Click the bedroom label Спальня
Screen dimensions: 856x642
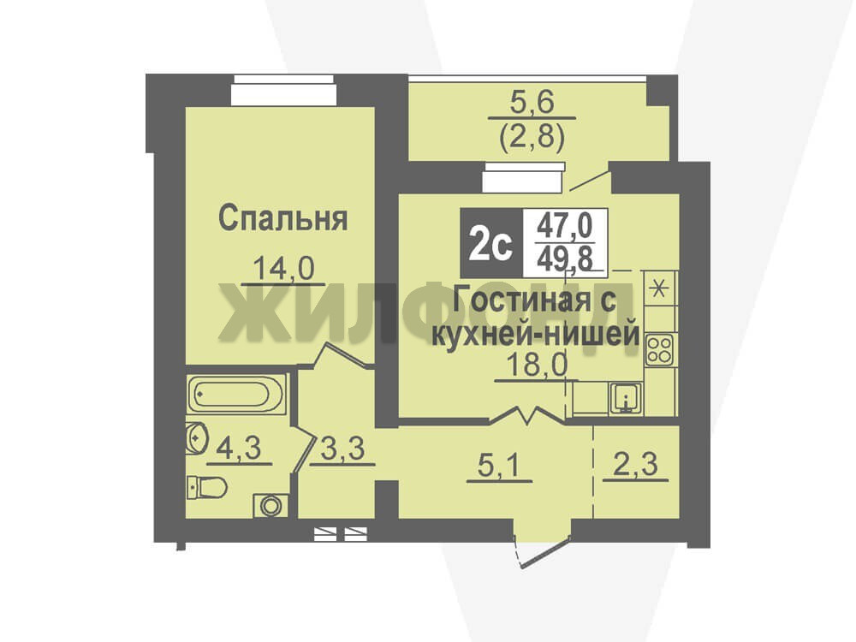pyautogui.click(x=282, y=219)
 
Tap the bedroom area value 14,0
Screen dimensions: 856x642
pyautogui.click(x=284, y=269)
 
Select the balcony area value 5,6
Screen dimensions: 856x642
pyautogui.click(x=532, y=102)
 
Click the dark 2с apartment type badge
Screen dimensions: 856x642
pyautogui.click(x=491, y=242)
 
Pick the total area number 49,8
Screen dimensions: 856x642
pyautogui.click(x=565, y=258)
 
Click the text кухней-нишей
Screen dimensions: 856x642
pyautogui.click(x=535, y=334)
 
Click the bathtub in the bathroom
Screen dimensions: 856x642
pyautogui.click(x=236, y=394)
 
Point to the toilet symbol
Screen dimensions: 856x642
pyautogui.click(x=206, y=487)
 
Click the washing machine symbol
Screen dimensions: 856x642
pyautogui.click(x=270, y=505)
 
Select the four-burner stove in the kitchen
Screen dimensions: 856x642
pyautogui.click(x=659, y=350)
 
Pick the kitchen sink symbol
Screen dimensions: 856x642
pyautogui.click(x=626, y=398)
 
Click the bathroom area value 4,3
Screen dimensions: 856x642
pyautogui.click(x=239, y=449)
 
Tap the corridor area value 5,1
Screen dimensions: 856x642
pyautogui.click(x=499, y=467)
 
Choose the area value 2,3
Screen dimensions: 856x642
pyautogui.click(x=635, y=466)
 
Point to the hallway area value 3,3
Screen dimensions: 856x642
pyautogui.click(x=342, y=450)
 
